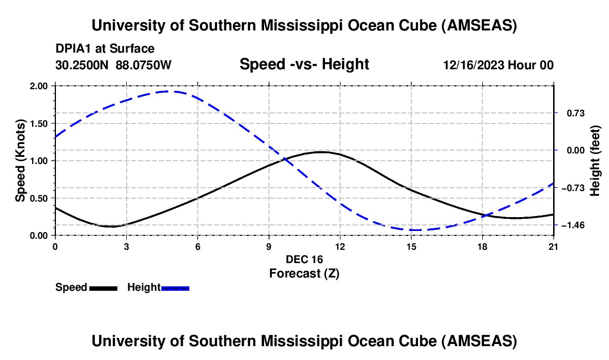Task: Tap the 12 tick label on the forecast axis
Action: pos(339,247)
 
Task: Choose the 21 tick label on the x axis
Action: pos(554,247)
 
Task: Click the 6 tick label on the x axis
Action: pos(197,247)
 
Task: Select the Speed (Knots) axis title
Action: pos(20,160)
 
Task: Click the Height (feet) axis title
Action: pos(595,161)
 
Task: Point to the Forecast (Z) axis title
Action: pos(303,273)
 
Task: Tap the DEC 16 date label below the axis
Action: pos(304,259)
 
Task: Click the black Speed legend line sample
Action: pos(103,288)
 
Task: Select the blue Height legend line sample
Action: pos(175,288)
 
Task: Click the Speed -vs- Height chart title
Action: pos(304,65)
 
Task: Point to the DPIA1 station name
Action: pos(74,49)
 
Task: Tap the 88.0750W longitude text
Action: pos(144,65)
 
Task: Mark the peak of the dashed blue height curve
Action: pos(169,91)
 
